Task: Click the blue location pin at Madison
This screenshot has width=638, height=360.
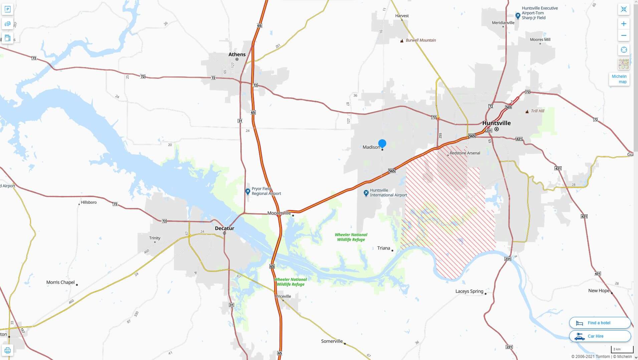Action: click(382, 144)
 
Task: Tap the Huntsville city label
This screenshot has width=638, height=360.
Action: click(496, 123)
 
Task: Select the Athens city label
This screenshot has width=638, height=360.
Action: click(237, 54)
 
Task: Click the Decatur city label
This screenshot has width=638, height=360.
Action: click(224, 228)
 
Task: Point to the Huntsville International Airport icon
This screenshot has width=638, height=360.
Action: click(366, 193)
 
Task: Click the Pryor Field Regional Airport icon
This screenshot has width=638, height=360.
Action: click(247, 191)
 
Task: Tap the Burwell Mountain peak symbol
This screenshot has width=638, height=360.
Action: click(402, 41)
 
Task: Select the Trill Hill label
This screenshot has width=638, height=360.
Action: click(537, 111)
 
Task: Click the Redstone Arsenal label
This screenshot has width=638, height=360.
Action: click(465, 153)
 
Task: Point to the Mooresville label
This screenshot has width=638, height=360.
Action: click(279, 213)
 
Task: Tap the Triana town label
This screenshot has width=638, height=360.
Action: click(383, 248)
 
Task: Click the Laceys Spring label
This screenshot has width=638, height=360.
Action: click(469, 291)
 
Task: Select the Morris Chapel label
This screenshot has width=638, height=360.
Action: click(60, 282)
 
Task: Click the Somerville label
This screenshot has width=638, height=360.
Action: click(332, 341)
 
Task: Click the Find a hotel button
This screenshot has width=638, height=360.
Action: click(600, 323)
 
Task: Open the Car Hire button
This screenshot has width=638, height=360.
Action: click(600, 336)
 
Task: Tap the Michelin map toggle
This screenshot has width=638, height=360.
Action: click(619, 79)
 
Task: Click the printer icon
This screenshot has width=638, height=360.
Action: click(7, 350)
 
